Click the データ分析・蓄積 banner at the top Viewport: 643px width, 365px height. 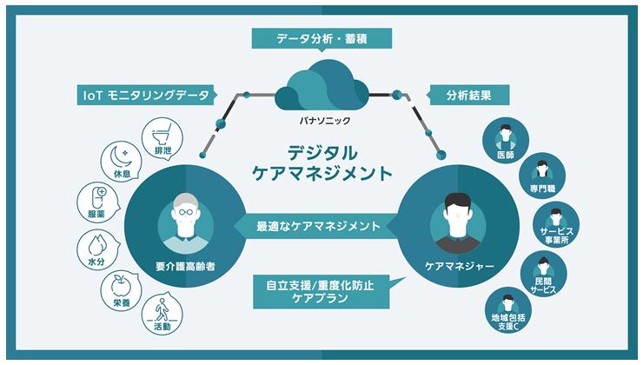point(321,39)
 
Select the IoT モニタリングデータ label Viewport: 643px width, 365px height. point(145,95)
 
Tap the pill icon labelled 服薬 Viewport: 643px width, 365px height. point(96,202)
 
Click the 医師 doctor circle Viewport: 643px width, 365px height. point(503,141)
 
